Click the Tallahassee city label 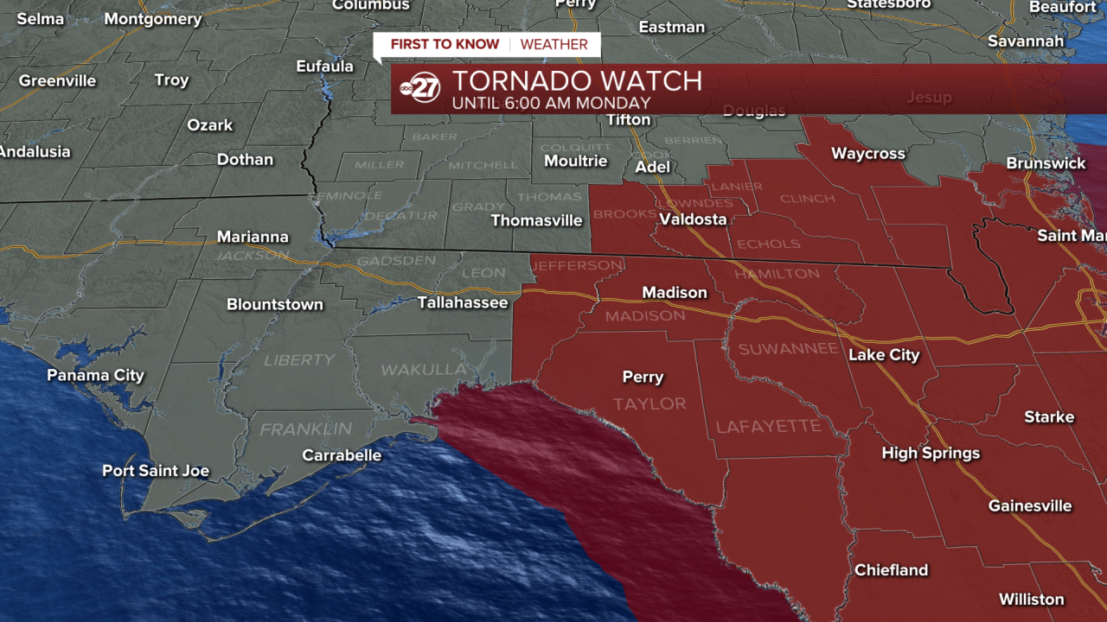(x=463, y=302)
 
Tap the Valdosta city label (x=693, y=219)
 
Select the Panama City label (x=95, y=375)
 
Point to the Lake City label (x=884, y=354)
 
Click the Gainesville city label (x=1030, y=505)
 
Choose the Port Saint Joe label (x=156, y=471)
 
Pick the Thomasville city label (x=536, y=220)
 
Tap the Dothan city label (x=245, y=160)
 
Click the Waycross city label (x=868, y=154)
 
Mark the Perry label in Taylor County (x=643, y=377)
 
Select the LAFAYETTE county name (x=769, y=427)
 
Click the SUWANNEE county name (x=787, y=349)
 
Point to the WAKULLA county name (x=424, y=370)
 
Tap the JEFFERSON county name (x=576, y=265)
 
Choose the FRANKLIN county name (x=306, y=429)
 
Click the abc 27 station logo (x=420, y=88)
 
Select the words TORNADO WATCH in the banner (x=577, y=81)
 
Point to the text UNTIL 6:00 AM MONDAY (x=551, y=104)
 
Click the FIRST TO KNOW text (x=445, y=45)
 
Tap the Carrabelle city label (x=342, y=455)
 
